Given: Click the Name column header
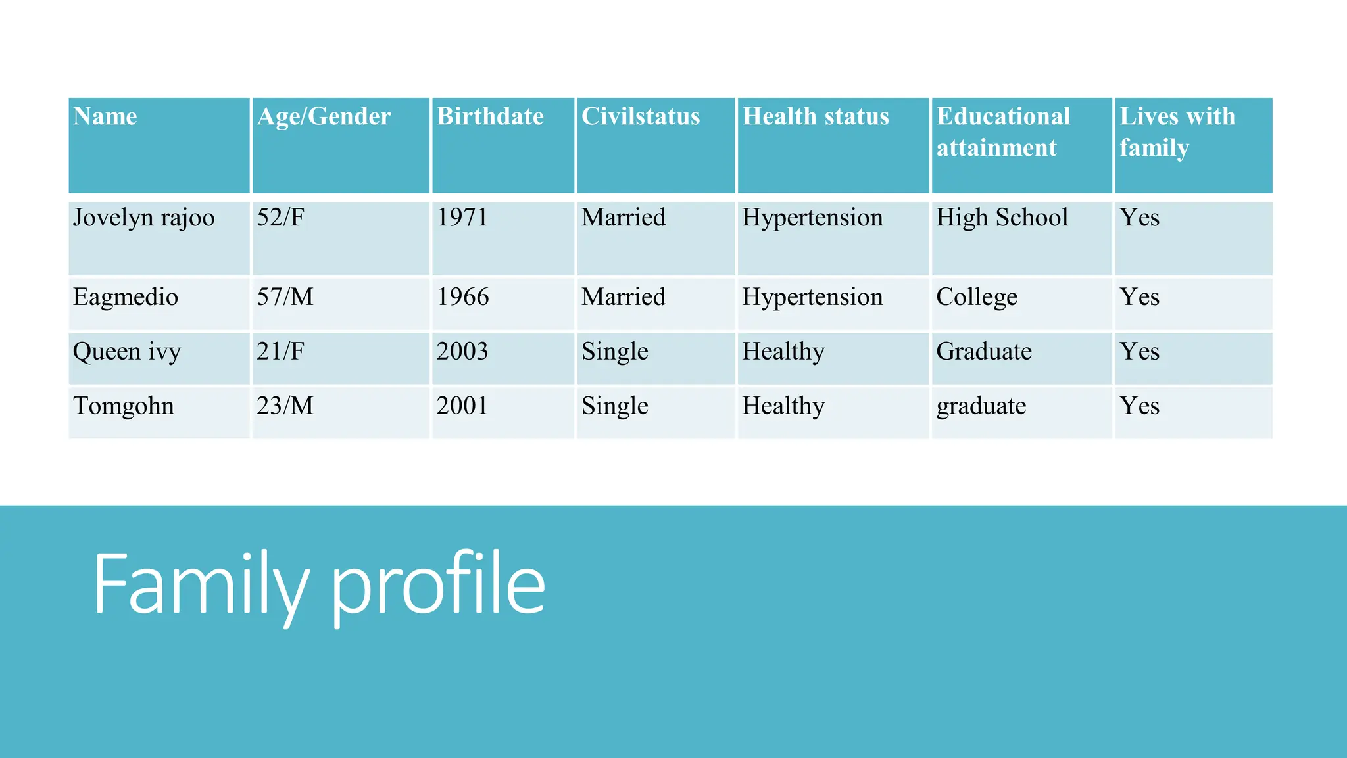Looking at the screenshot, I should [x=105, y=117].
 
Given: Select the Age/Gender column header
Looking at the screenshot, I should [x=324, y=117].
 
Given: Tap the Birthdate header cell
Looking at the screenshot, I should [x=490, y=117].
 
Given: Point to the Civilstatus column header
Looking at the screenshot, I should [x=641, y=117].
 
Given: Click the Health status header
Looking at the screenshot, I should [x=816, y=117].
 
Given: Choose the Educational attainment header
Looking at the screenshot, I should [x=1003, y=132].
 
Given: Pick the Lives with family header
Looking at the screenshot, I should [x=1177, y=132].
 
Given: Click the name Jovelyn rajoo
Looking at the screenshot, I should [x=144, y=218].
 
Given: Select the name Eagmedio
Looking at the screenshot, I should [x=126, y=297].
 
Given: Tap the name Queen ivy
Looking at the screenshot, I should [x=127, y=352].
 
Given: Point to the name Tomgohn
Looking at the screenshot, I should [x=124, y=406].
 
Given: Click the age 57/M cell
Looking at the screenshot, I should [x=285, y=297].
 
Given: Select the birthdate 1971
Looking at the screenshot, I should [x=462, y=218].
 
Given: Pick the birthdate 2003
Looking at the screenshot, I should [x=462, y=352].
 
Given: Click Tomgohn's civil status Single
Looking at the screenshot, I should [x=614, y=406].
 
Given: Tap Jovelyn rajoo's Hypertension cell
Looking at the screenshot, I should [x=812, y=218].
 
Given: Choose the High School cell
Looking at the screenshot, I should [x=1002, y=218].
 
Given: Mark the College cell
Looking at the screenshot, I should [x=977, y=297].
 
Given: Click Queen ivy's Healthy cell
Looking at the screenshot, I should [x=783, y=352].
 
